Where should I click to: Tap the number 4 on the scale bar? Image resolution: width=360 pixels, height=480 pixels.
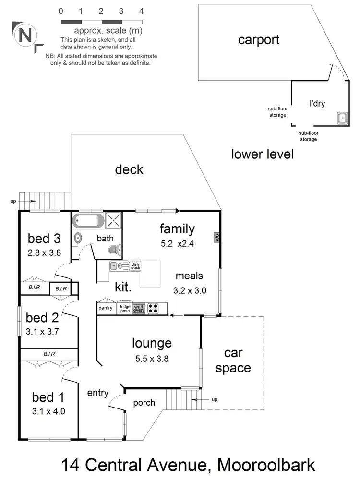[141, 11]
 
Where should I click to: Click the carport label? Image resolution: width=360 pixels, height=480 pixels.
[259, 39]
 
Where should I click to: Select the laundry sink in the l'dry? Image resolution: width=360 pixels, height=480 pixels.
[343, 117]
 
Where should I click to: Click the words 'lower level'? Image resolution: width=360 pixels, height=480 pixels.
[262, 154]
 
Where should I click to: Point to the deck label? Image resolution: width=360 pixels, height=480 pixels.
[129, 169]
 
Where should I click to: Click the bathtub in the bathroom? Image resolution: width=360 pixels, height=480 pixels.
[88, 221]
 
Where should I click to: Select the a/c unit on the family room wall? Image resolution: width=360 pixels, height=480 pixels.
[217, 237]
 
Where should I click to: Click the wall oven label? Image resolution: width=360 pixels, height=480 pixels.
[138, 309]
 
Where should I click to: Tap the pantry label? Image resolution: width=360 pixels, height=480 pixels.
[105, 308]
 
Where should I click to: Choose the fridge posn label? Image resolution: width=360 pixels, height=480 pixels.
[125, 309]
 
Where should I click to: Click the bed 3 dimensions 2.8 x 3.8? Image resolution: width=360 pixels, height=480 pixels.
[44, 252]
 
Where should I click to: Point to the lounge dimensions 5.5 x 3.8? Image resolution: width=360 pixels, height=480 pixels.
[152, 358]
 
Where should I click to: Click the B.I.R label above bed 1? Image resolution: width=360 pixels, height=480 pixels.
[49, 354]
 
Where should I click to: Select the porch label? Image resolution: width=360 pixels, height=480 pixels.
[144, 403]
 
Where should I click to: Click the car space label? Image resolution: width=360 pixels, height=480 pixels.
[233, 361]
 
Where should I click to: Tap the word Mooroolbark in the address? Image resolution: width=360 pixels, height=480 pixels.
[266, 465]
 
